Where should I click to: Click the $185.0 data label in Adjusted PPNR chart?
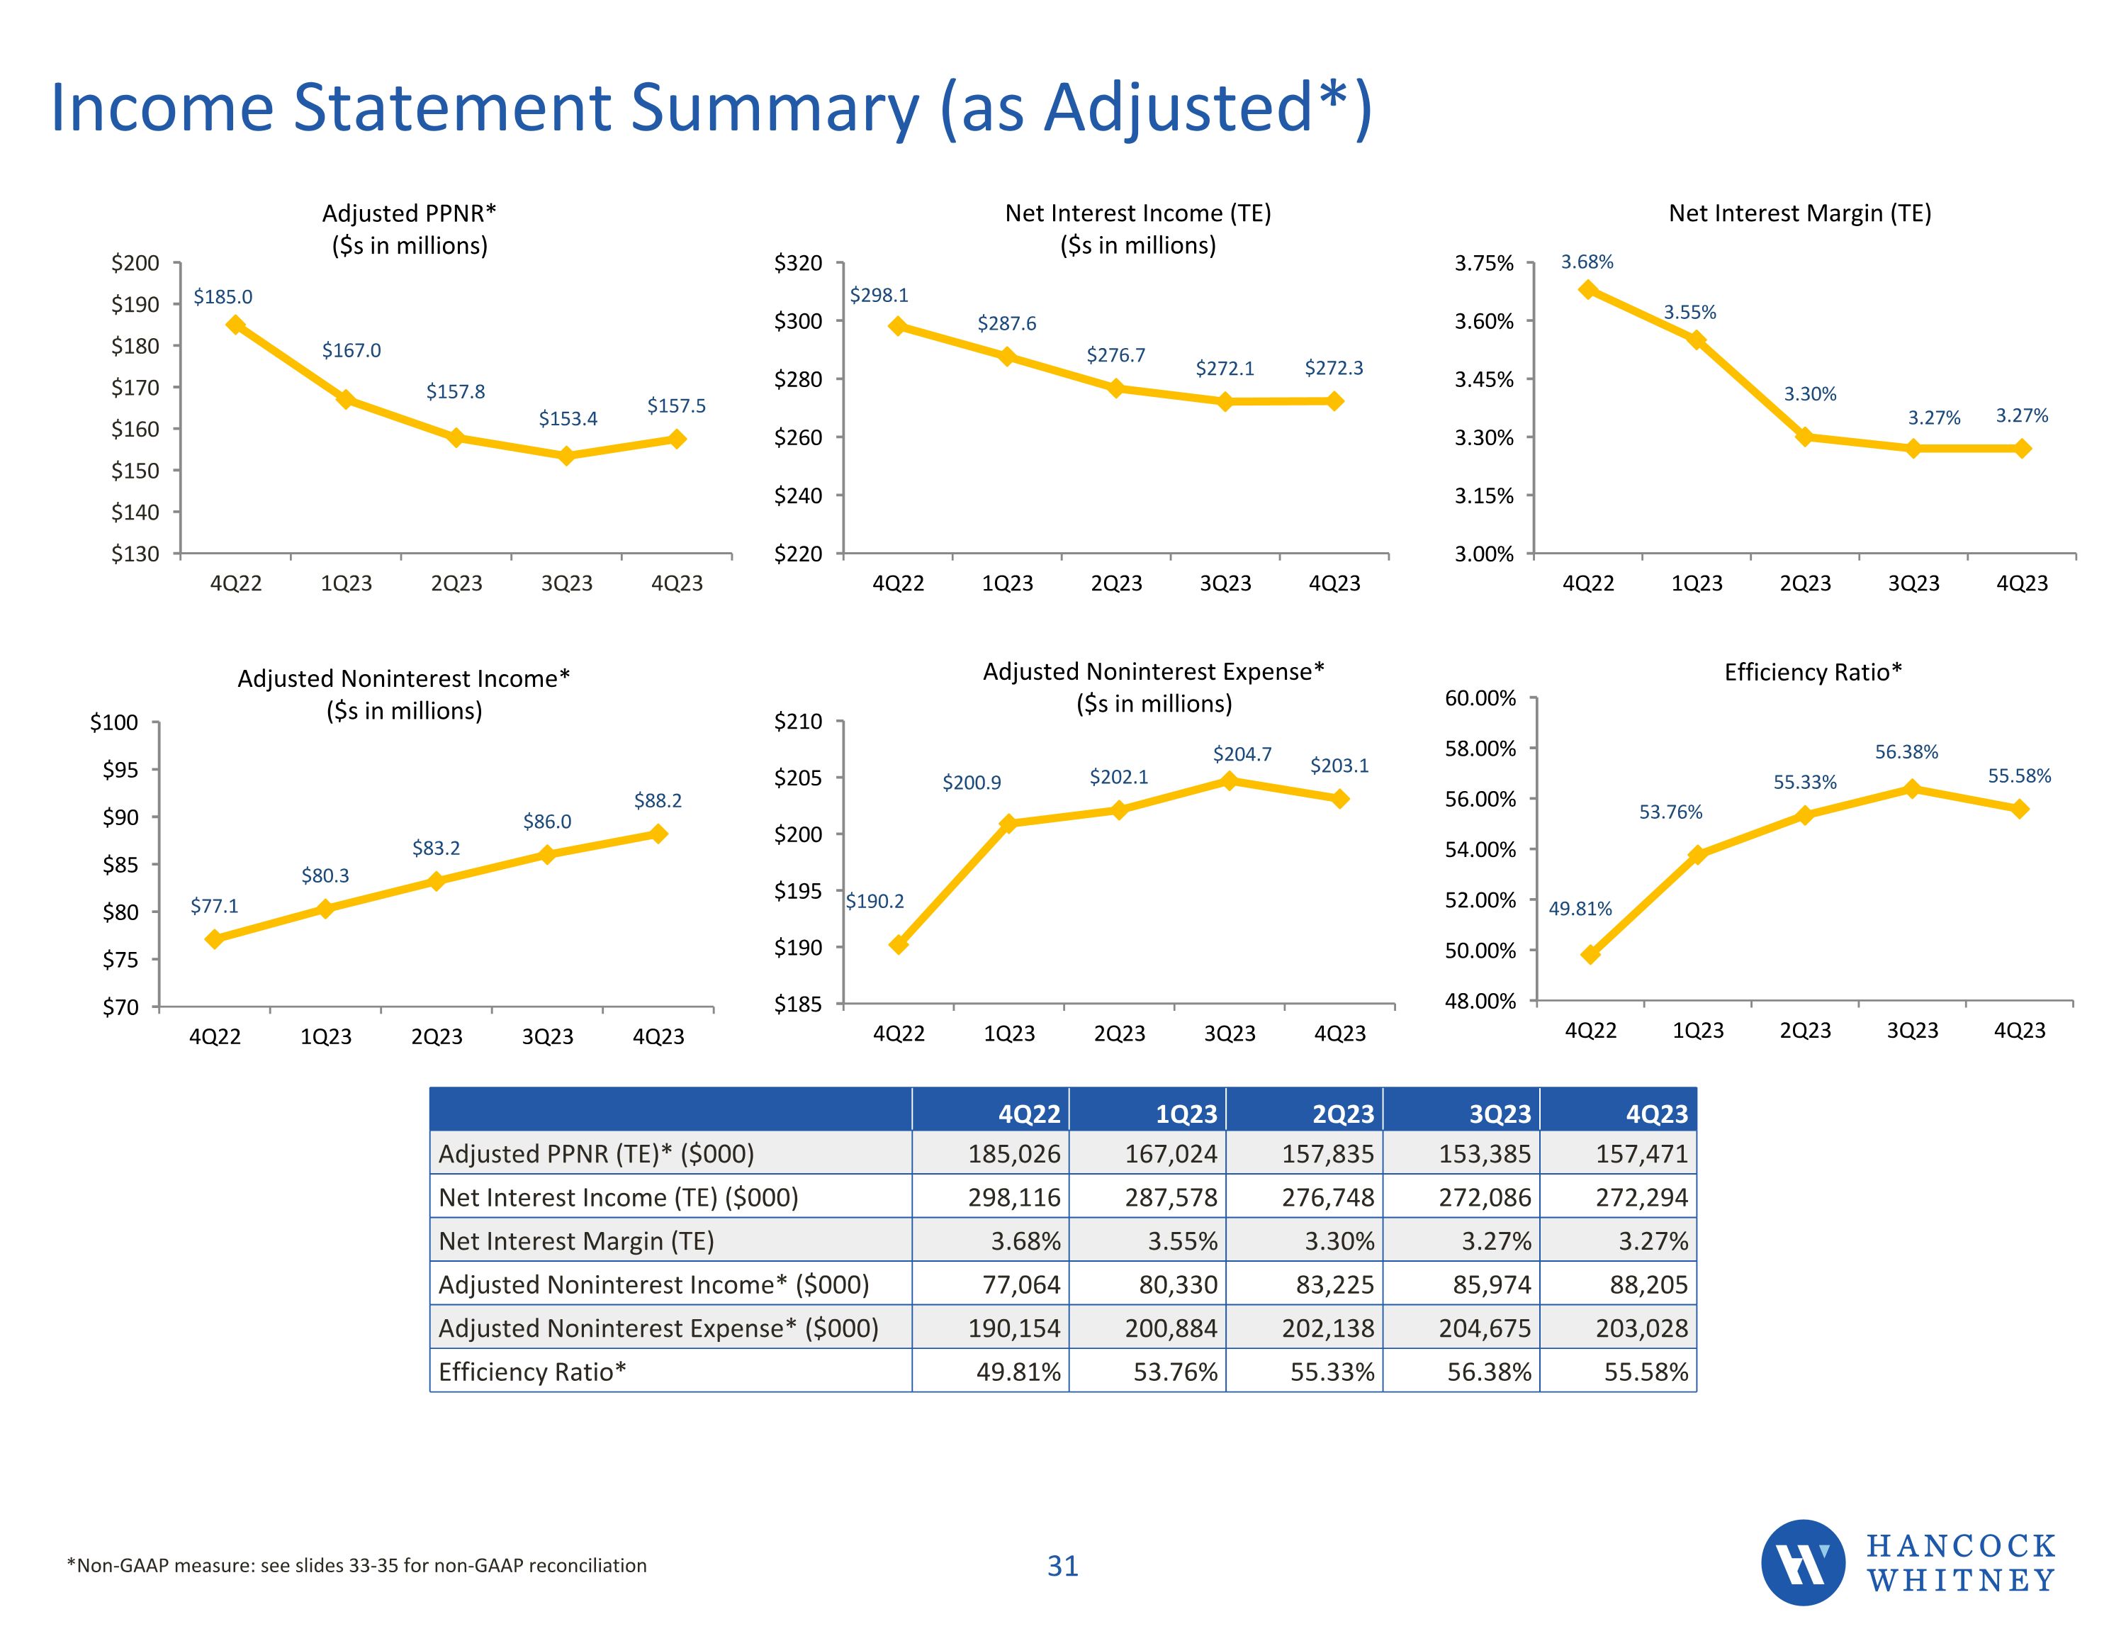pos(223,297)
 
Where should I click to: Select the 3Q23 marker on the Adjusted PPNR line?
pos(566,455)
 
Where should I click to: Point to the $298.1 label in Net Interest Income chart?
pos(879,295)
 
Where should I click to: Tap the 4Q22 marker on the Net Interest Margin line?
pos(1587,289)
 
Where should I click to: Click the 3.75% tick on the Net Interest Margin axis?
pos(1483,263)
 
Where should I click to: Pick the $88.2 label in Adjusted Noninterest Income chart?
pos(658,800)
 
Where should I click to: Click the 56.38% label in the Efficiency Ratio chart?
pos(1906,752)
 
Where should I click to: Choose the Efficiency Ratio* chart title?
pos(1813,672)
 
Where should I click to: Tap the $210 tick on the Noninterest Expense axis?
pos(798,722)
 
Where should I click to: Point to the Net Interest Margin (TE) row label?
pos(576,1240)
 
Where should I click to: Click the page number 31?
pos(1062,1565)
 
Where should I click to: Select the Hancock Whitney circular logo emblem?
pos(1802,1562)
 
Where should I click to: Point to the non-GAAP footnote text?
pos(356,1565)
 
